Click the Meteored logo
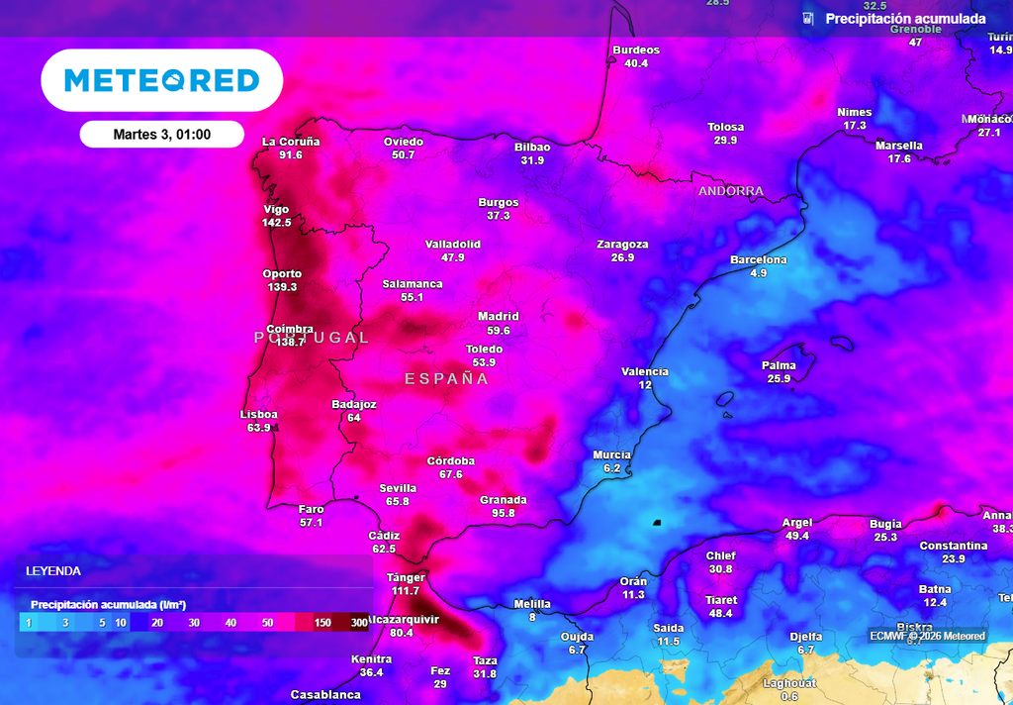pos(161,80)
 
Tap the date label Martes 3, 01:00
pos(161,135)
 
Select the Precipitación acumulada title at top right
pos(905,19)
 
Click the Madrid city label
pos(498,317)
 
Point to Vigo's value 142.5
pos(277,223)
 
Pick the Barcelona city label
pos(759,260)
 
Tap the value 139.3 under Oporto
pos(282,287)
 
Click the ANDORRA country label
pos(731,191)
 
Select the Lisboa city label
pos(259,414)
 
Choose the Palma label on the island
pos(779,365)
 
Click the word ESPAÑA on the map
pos(447,379)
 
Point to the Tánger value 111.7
pos(406,591)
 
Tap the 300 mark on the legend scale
pos(358,623)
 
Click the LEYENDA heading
pos(53,571)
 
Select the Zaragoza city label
pos(622,245)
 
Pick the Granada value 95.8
pos(504,513)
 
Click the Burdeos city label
pos(636,50)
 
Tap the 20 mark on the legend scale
pos(157,623)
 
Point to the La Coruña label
pos(291,142)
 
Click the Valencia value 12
pos(645,385)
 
